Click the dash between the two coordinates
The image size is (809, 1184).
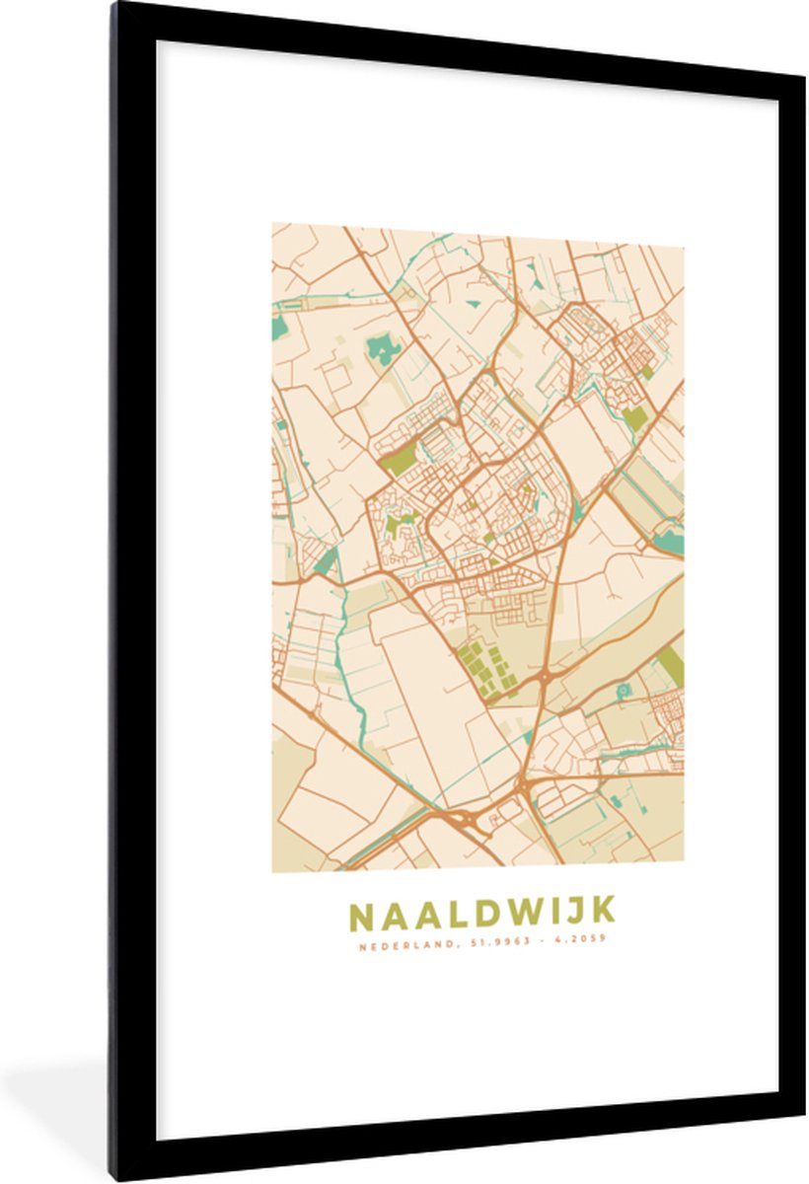(x=536, y=940)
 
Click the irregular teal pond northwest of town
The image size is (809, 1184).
(x=383, y=347)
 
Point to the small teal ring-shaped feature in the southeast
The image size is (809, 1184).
(x=624, y=691)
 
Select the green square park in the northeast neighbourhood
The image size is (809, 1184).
(x=635, y=417)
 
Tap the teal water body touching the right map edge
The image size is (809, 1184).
(x=672, y=540)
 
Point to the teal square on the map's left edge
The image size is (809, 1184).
(x=279, y=328)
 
